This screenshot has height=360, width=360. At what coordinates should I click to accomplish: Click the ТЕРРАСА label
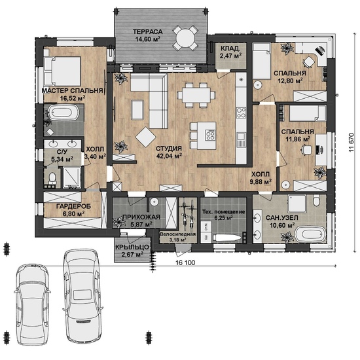148,31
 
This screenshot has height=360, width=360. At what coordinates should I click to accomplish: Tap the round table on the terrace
185,38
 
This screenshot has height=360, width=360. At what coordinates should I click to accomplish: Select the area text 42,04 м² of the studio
169,156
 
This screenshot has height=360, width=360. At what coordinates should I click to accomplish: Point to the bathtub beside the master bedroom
64,113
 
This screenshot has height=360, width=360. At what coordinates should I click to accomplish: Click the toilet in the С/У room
52,178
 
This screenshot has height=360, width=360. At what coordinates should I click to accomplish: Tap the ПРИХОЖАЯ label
141,217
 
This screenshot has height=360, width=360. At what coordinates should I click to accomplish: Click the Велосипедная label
178,234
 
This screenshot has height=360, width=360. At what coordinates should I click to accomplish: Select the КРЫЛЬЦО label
132,247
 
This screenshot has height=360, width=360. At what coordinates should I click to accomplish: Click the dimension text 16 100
186,262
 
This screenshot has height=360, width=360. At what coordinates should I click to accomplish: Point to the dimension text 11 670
351,142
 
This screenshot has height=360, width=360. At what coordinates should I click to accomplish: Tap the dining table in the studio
196,95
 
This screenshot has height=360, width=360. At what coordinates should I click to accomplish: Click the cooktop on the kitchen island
210,135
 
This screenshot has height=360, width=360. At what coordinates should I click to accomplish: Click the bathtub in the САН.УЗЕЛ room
310,234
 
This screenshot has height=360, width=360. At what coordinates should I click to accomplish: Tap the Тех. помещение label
224,211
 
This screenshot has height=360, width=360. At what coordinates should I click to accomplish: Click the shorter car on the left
32,304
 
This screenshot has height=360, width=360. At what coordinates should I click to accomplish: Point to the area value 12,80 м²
290,81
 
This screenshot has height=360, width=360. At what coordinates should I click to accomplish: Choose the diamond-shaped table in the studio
145,137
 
